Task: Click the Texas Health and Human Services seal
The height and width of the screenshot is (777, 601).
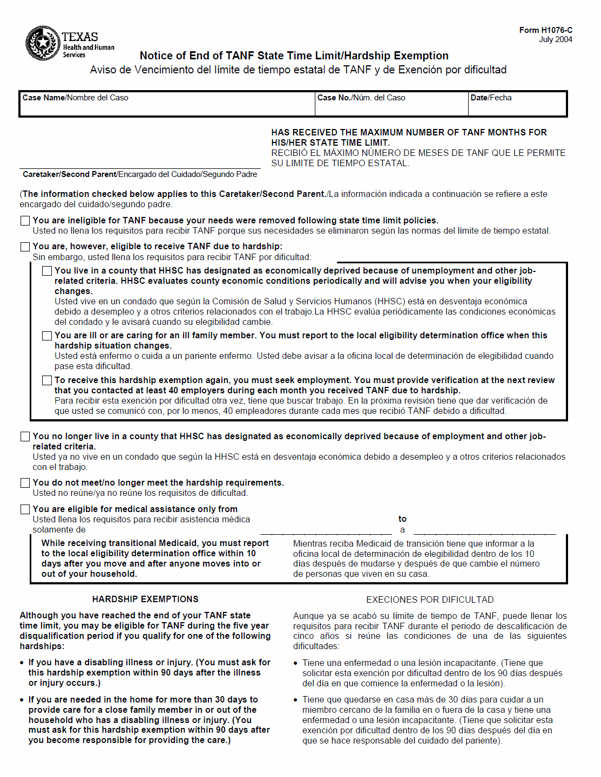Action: tap(42, 43)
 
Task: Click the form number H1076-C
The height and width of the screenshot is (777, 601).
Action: tap(545, 30)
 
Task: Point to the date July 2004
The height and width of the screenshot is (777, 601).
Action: tap(555, 39)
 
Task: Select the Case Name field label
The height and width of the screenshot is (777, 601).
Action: tap(75, 98)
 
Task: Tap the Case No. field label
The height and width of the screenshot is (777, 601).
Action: tap(361, 98)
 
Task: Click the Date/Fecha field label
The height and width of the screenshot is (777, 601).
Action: tap(491, 98)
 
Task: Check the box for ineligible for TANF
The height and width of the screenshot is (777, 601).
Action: tap(25, 221)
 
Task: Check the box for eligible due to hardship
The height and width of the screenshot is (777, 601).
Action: tap(25, 247)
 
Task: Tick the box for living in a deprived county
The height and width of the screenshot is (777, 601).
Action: tap(47, 271)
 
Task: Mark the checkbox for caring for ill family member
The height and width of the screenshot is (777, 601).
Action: tap(47, 336)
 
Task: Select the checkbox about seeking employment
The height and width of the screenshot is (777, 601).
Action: tap(47, 380)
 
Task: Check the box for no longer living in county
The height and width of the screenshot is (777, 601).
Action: tap(25, 437)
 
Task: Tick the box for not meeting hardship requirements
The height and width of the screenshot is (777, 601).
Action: tap(25, 483)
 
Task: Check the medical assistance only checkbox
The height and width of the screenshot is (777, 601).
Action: tap(25, 509)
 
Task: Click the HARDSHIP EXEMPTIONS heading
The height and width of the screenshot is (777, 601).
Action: tap(145, 599)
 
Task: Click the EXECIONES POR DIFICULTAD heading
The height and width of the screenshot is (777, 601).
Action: tap(430, 599)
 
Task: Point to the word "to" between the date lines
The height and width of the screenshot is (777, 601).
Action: tap(402, 519)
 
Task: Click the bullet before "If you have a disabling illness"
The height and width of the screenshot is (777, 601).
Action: tap(22, 663)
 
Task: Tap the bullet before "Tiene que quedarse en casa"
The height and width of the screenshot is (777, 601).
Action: tap(296, 700)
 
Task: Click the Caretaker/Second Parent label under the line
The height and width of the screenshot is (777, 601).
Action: tap(140, 174)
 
